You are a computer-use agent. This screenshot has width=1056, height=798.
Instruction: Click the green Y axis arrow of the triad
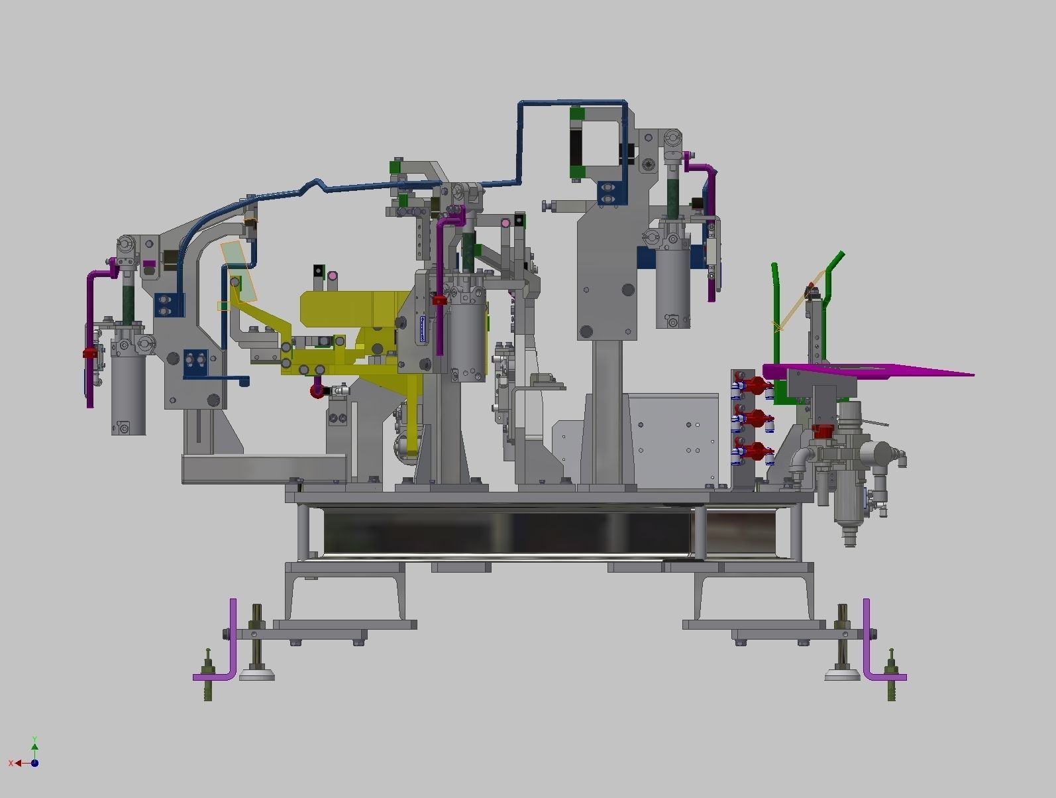pyautogui.click(x=34, y=742)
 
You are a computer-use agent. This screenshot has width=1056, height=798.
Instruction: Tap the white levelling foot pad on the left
pyautogui.click(x=258, y=675)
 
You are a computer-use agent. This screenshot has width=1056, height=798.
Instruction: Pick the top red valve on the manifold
pyautogui.click(x=755, y=384)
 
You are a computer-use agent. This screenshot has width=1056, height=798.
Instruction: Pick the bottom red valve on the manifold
pyautogui.click(x=755, y=452)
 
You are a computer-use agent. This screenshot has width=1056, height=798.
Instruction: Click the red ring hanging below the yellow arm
pyautogui.click(x=317, y=391)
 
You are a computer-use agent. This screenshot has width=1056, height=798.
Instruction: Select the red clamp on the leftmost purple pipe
pyautogui.click(x=89, y=353)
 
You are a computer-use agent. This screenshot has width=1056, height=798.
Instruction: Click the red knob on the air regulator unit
pyautogui.click(x=822, y=431)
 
